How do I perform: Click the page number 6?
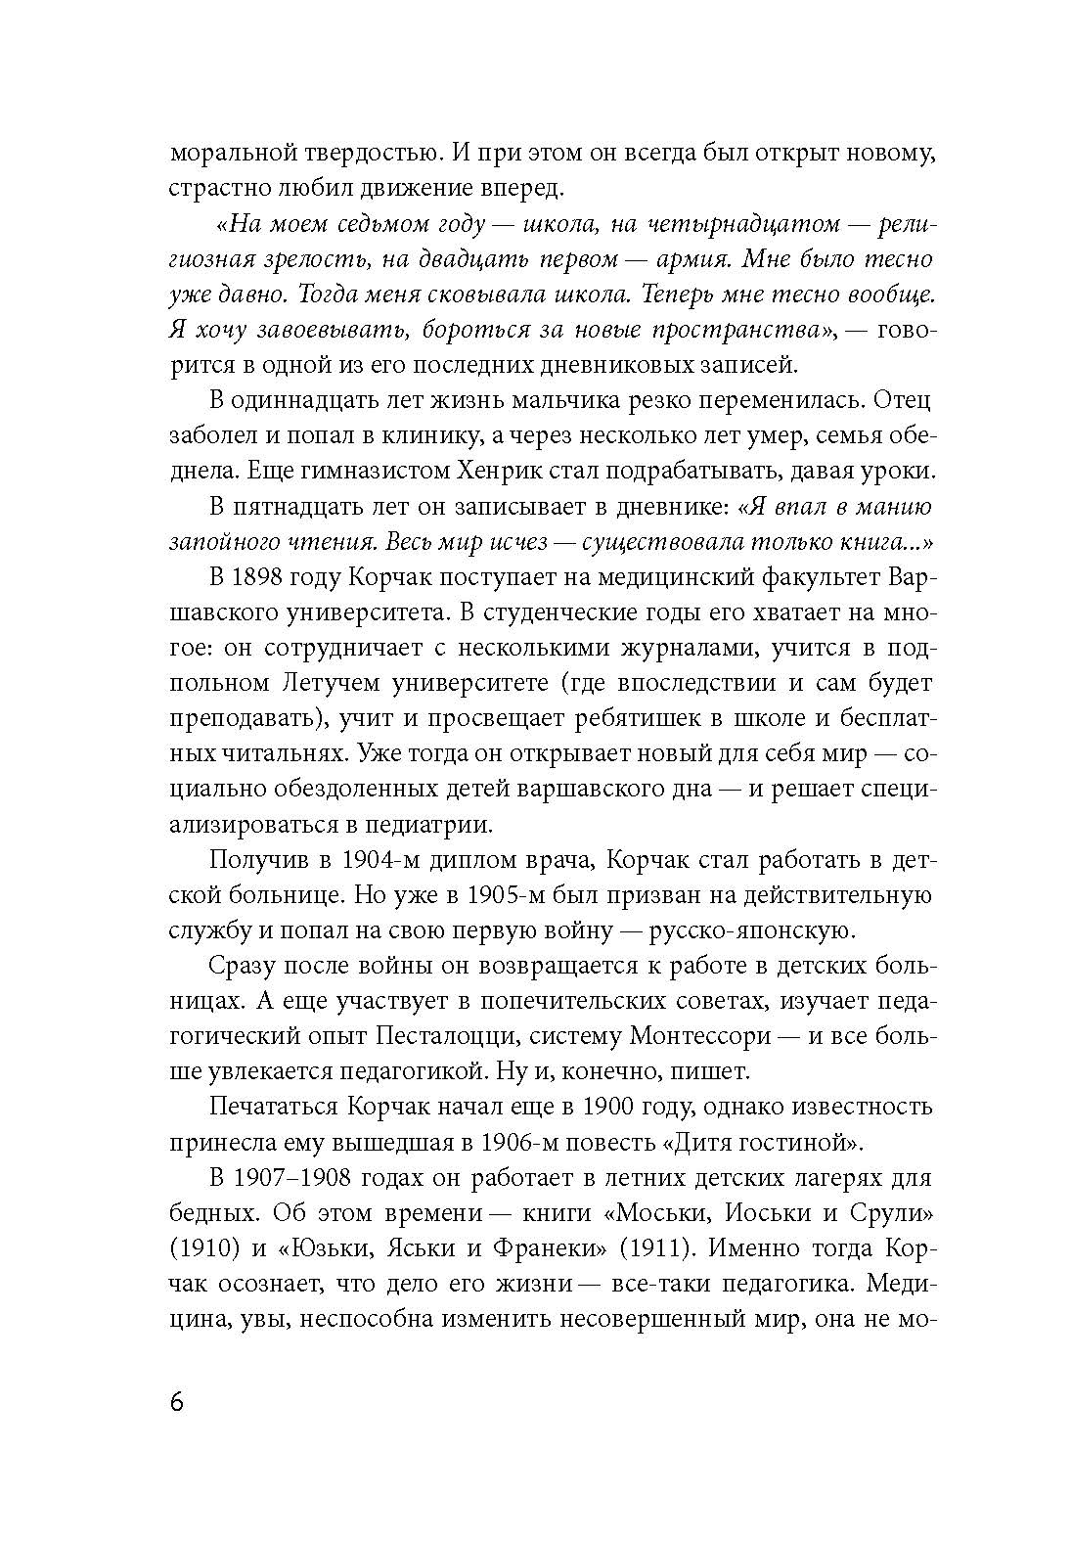pos(177,1403)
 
